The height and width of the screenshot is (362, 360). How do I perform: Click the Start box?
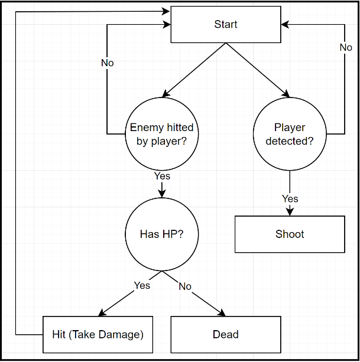pos(225,24)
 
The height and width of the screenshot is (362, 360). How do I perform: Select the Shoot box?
pos(290,234)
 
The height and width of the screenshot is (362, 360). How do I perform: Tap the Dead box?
pos(225,335)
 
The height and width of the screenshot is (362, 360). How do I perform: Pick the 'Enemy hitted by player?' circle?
pos(161,133)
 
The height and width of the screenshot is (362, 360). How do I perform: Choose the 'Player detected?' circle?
pos(290,133)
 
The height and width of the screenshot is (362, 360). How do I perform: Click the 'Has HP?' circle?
pos(161,234)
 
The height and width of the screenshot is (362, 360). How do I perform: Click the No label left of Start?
pos(107,63)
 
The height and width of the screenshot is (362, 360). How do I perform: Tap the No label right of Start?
pos(345,48)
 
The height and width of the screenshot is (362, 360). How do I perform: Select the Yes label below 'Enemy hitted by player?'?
pos(161,176)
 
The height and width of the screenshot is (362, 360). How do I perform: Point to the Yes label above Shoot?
pos(290,198)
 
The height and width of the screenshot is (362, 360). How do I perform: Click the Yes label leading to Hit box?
pos(142,285)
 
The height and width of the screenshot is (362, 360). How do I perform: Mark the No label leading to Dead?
pos(185,286)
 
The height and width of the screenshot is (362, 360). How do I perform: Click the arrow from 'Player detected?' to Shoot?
pos(290,186)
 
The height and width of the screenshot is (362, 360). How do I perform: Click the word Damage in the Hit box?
pos(120,335)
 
